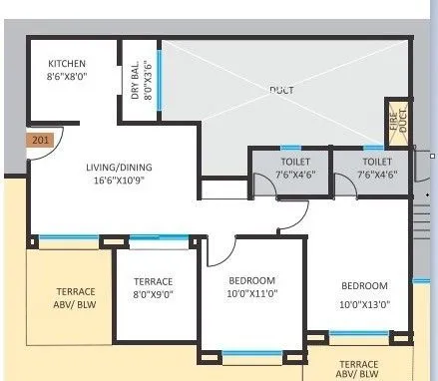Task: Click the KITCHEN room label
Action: coord(66,64)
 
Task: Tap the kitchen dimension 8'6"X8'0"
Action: coord(67,76)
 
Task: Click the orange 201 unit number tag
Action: coord(41,141)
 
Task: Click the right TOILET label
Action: coord(376,161)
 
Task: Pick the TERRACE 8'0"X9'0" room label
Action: coord(153,288)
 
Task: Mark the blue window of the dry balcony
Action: coord(158,78)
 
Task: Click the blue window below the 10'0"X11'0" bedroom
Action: coord(251,352)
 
